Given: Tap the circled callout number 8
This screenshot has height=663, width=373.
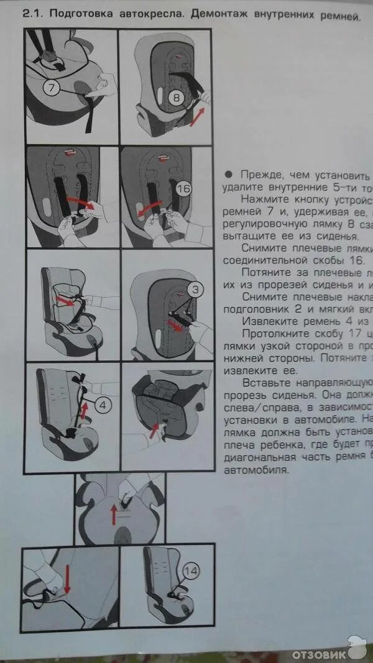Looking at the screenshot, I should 175,97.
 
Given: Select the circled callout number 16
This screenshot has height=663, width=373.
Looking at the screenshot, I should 183,188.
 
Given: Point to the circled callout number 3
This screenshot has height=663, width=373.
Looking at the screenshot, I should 195,289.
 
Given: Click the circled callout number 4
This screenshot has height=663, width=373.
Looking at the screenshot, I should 104,405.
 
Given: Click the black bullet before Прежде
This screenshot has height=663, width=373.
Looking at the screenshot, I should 228,175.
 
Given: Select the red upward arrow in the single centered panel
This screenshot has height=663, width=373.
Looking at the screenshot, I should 114,513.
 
